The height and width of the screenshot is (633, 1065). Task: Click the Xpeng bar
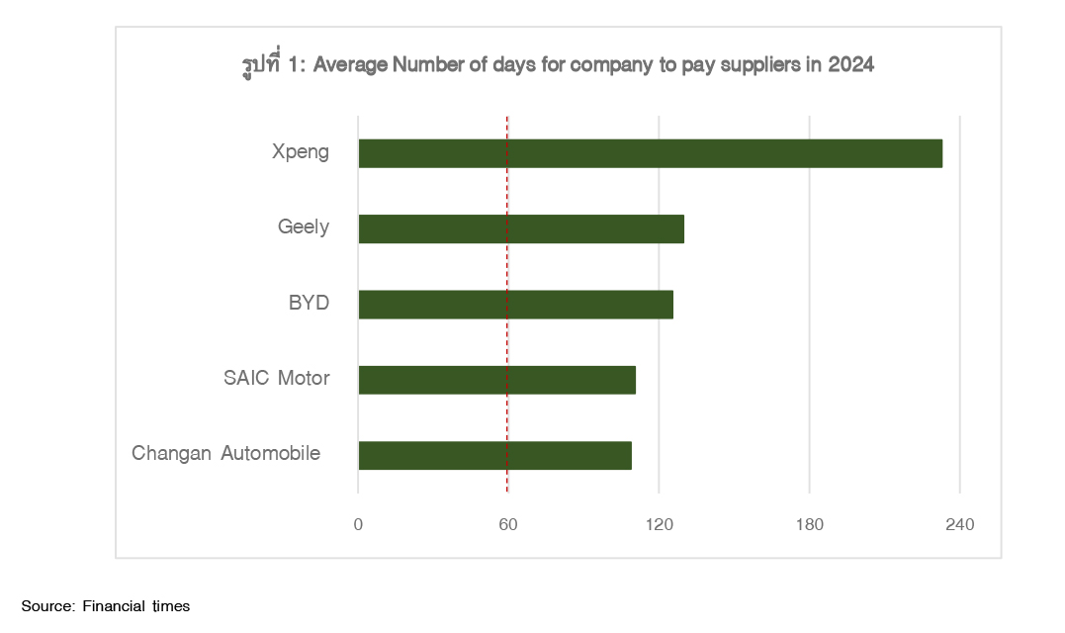coord(650,153)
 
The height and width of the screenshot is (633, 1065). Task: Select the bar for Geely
coord(521,228)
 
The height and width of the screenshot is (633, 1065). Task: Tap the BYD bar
coord(515,305)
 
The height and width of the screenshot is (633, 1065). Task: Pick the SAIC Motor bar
coord(496,380)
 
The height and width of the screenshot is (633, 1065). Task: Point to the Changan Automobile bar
coord(494,455)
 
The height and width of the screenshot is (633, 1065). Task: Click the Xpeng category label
coord(301,153)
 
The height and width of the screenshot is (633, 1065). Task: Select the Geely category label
coord(304,228)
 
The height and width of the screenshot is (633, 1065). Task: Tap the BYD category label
coord(309,304)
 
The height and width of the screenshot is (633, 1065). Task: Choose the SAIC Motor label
coord(277,379)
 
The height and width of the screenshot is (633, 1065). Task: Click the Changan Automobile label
coord(226,454)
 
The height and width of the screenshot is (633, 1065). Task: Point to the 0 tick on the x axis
coord(358,524)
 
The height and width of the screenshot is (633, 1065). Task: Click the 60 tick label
coord(508,524)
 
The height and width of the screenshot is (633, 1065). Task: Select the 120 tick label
coord(659,524)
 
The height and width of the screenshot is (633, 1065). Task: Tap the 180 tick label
coord(809,524)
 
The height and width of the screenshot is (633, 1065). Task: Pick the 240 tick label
coord(959,524)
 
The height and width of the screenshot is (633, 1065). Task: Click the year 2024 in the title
coord(851,66)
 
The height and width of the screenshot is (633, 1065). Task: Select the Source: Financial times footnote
coord(106,605)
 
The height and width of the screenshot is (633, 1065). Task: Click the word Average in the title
coord(350,66)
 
